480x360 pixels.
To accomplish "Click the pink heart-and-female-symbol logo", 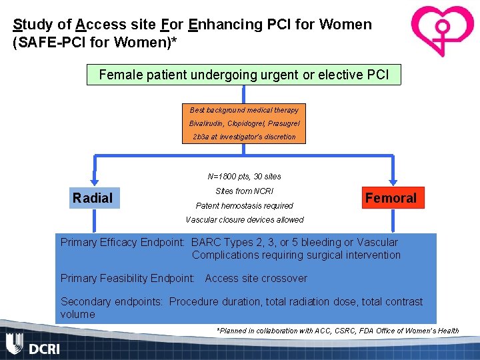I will (x=441, y=31).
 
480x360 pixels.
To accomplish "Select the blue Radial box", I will (x=93, y=198).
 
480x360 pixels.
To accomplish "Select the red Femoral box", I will (x=391, y=198).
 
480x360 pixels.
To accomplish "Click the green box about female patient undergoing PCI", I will (x=243, y=75).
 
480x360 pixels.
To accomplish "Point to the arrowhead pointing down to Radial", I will (x=94, y=183).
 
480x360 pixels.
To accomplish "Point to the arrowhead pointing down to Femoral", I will (x=391, y=183).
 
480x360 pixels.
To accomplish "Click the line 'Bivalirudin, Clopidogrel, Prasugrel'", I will (x=244, y=123).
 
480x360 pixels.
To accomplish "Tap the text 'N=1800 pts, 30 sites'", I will (x=244, y=177).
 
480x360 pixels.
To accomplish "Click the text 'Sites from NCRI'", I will (x=244, y=191).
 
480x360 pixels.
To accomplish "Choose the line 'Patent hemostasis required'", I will (x=244, y=206).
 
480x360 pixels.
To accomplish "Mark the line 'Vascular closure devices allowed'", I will (x=244, y=220).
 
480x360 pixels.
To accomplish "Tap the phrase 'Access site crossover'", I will (x=256, y=279).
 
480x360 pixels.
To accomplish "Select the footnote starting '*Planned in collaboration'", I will (x=337, y=331).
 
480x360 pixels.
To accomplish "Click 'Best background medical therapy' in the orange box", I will (x=244, y=110).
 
